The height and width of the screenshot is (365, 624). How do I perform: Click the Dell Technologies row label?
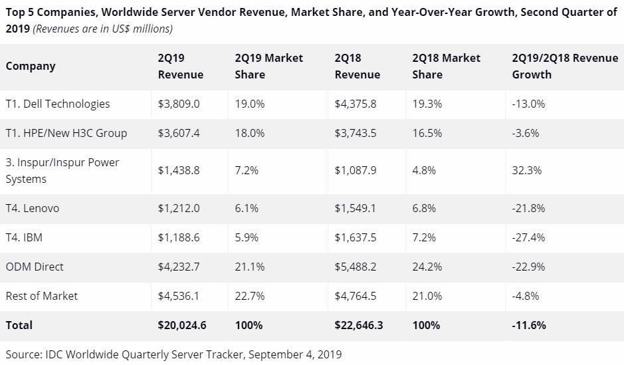coord(58,104)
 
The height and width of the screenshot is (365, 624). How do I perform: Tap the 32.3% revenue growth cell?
coord(526,170)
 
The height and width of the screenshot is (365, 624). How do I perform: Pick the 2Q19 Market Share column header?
coord(268,66)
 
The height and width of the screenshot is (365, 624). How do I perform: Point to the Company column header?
coord(31,66)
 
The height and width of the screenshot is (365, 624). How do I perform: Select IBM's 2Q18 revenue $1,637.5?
coord(356,237)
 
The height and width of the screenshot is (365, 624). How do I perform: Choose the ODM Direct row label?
coord(35,267)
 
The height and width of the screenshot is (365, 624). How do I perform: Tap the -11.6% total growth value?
coord(529,325)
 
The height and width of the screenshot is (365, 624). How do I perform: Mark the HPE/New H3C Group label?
coord(66,133)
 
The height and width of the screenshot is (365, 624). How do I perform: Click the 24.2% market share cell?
coord(427,267)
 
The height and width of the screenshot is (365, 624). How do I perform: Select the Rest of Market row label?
coord(42,296)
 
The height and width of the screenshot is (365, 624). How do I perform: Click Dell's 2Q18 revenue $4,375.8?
coord(356,104)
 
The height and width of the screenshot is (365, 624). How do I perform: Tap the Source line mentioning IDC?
coord(173,354)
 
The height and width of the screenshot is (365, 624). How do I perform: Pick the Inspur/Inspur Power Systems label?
coord(62,170)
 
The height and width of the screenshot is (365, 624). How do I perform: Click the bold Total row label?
coord(19,325)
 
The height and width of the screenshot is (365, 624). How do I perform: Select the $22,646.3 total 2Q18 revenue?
coord(359,325)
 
